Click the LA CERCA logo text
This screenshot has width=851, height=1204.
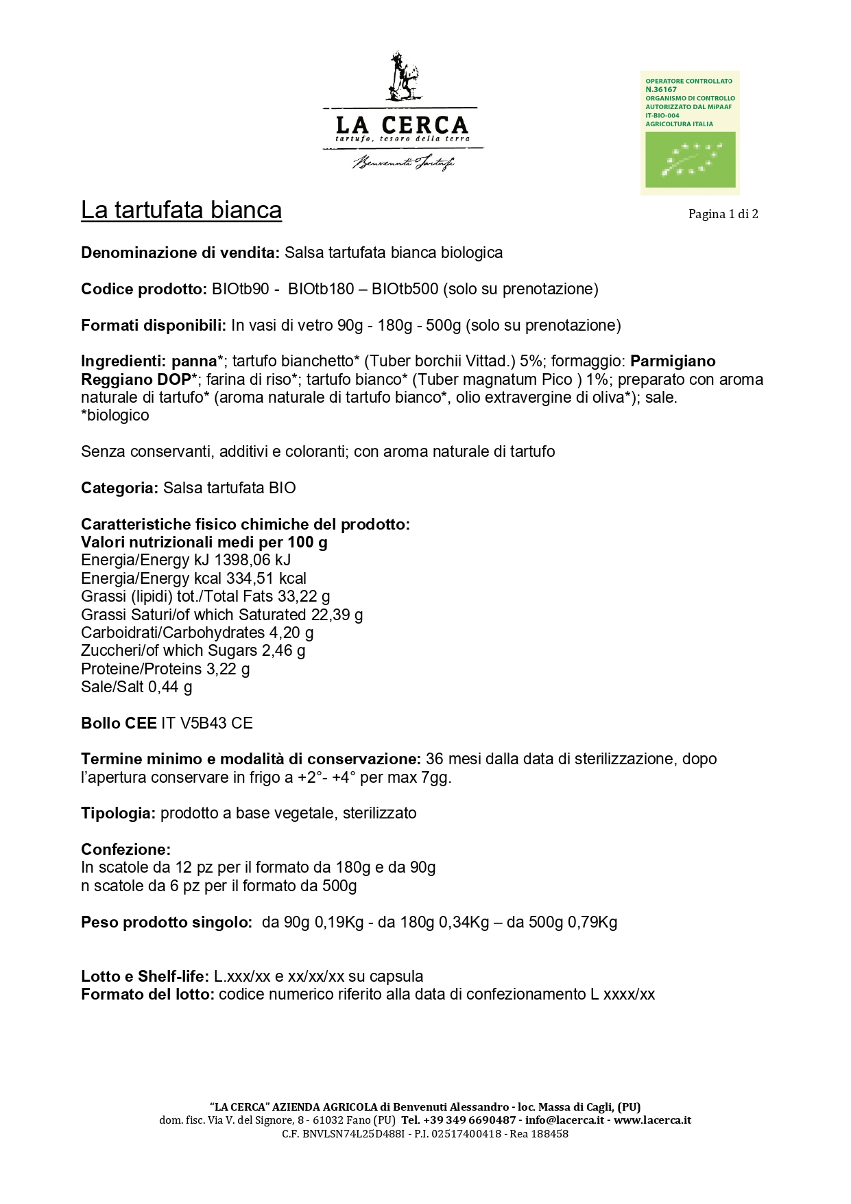click(x=402, y=125)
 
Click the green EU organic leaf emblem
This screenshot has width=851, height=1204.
click(x=691, y=159)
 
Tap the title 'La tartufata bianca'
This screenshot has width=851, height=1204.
click(x=181, y=210)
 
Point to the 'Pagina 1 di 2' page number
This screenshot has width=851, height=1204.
click(x=723, y=214)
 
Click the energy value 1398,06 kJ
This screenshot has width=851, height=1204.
click(x=252, y=560)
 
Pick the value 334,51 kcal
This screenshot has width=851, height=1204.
click(x=266, y=578)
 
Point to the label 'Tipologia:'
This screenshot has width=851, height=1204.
click(x=119, y=813)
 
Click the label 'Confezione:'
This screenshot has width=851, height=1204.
click(x=125, y=849)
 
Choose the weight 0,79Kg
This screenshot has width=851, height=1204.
click(x=592, y=922)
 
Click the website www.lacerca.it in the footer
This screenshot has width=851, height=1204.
click(x=652, y=1120)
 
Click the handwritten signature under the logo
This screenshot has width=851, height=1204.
click(x=403, y=163)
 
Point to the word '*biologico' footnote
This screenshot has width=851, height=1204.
click(x=115, y=415)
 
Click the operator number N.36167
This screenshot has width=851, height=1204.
click(x=661, y=89)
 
